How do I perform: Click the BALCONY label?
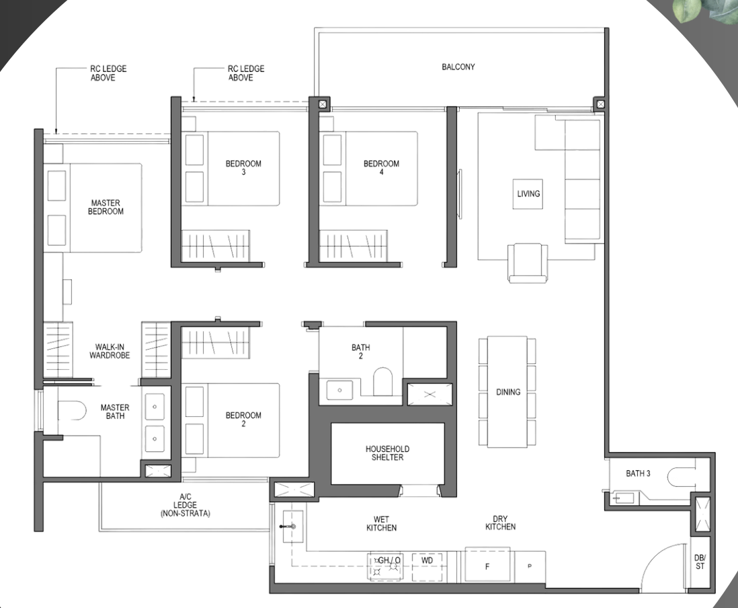coord(458,67)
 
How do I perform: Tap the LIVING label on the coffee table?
coord(528,194)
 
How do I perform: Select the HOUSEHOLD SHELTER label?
coord(387,453)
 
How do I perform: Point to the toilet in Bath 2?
coord(382,381)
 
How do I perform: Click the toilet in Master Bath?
coord(72,410)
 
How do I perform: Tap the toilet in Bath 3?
coord(681,477)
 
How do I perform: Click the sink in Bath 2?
coord(339,390)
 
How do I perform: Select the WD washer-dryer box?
coord(427,566)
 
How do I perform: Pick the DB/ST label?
coord(700,562)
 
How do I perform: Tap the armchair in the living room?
coord(528,263)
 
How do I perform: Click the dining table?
coord(507,392)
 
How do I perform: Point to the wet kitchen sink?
coord(292,527)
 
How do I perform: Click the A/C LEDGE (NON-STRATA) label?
coord(185,505)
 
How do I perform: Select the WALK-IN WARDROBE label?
coord(110,351)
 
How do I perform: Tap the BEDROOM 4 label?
coord(381,167)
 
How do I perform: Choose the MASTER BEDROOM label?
coord(106,207)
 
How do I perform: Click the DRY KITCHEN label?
coord(500,523)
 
